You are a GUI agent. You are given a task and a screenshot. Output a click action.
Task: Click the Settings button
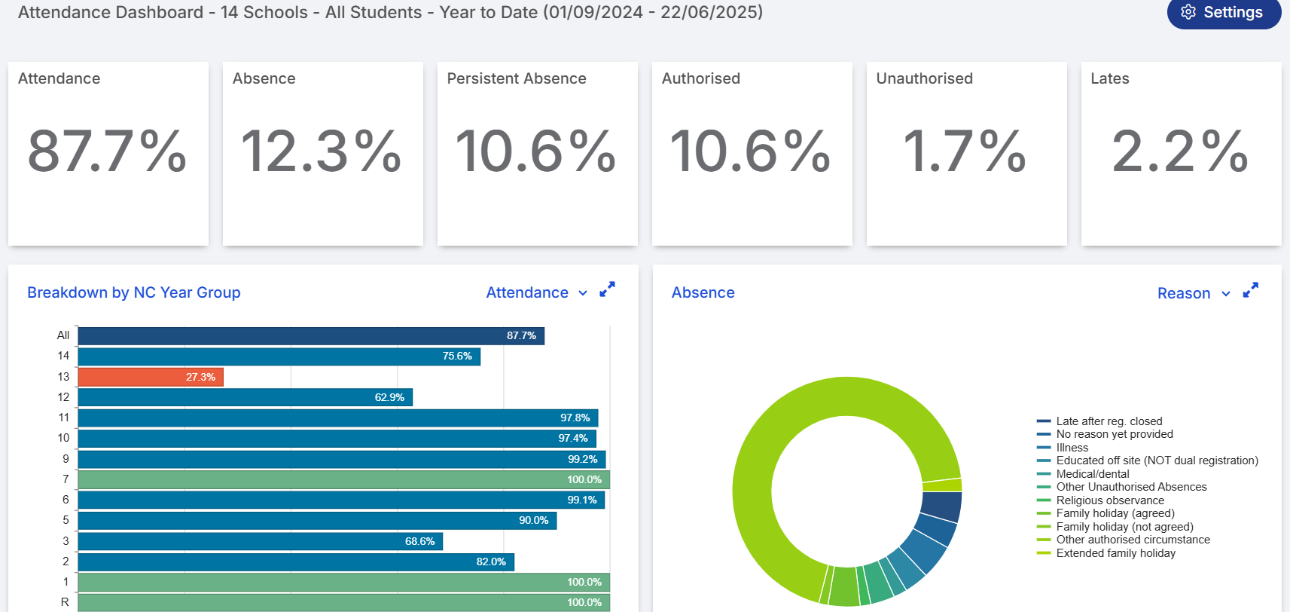click(x=1224, y=13)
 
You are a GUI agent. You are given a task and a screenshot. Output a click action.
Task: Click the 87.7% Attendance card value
click(x=108, y=151)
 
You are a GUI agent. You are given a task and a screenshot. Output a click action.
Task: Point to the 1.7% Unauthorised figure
click(x=965, y=151)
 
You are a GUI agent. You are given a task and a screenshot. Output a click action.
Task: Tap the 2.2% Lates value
click(x=1180, y=151)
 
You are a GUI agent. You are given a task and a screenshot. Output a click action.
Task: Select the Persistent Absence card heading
click(x=517, y=78)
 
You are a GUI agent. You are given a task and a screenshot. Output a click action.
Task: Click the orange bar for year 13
click(x=151, y=377)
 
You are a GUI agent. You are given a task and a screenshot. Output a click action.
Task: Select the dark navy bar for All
click(x=310, y=335)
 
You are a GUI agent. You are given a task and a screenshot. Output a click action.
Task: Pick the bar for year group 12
click(x=245, y=397)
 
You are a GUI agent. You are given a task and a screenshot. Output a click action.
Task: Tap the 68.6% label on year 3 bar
click(x=419, y=541)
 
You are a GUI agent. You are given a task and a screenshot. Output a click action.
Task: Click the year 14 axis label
click(x=63, y=356)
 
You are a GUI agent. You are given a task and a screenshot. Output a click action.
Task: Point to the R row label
click(x=65, y=602)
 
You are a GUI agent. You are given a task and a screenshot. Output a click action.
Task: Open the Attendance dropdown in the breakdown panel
click(x=536, y=292)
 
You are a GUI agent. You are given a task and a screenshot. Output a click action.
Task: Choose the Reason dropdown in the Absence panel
click(x=1193, y=293)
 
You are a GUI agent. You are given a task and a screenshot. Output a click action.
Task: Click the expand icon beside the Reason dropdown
click(x=1250, y=290)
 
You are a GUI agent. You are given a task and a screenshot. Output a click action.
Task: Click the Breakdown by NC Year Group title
click(x=134, y=292)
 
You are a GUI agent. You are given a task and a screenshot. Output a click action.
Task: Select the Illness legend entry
click(x=1072, y=448)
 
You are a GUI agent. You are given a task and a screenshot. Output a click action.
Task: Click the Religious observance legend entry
click(x=1109, y=500)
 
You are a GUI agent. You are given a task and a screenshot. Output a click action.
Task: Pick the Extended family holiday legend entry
click(x=1115, y=553)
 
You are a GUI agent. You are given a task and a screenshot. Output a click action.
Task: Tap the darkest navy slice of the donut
click(x=941, y=506)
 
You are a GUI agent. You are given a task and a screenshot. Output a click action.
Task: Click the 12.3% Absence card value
click(x=322, y=151)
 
